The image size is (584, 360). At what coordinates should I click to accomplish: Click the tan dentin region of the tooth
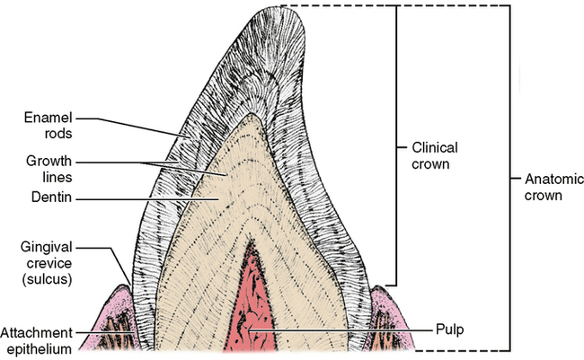tap(216, 206)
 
